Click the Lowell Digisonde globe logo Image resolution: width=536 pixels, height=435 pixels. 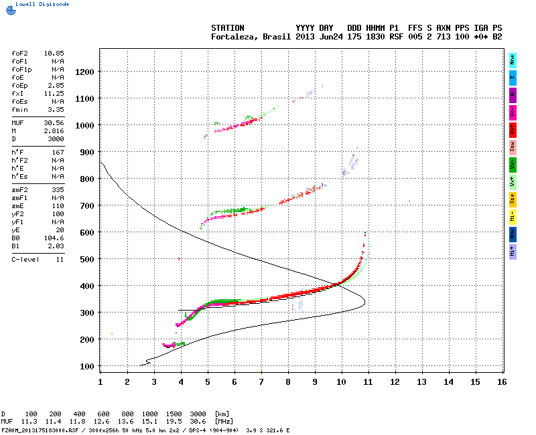point(9,10)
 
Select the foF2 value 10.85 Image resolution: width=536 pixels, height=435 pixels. point(54,52)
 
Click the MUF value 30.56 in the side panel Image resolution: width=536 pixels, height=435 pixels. point(54,123)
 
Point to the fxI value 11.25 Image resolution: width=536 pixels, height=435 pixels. point(54,94)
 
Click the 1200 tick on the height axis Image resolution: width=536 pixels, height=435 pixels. point(86,72)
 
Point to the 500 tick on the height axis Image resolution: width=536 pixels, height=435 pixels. point(88,259)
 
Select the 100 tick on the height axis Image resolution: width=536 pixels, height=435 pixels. point(88,366)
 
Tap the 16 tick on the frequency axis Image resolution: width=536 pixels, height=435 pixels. point(501,381)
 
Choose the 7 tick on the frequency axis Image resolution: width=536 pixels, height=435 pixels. point(261,381)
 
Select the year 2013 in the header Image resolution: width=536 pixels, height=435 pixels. point(306,37)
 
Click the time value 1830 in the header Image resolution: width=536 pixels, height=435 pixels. point(375,37)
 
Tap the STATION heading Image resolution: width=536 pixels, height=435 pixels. point(228,28)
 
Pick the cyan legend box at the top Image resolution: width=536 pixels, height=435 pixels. point(513,60)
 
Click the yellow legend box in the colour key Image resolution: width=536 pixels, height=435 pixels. point(513,199)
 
